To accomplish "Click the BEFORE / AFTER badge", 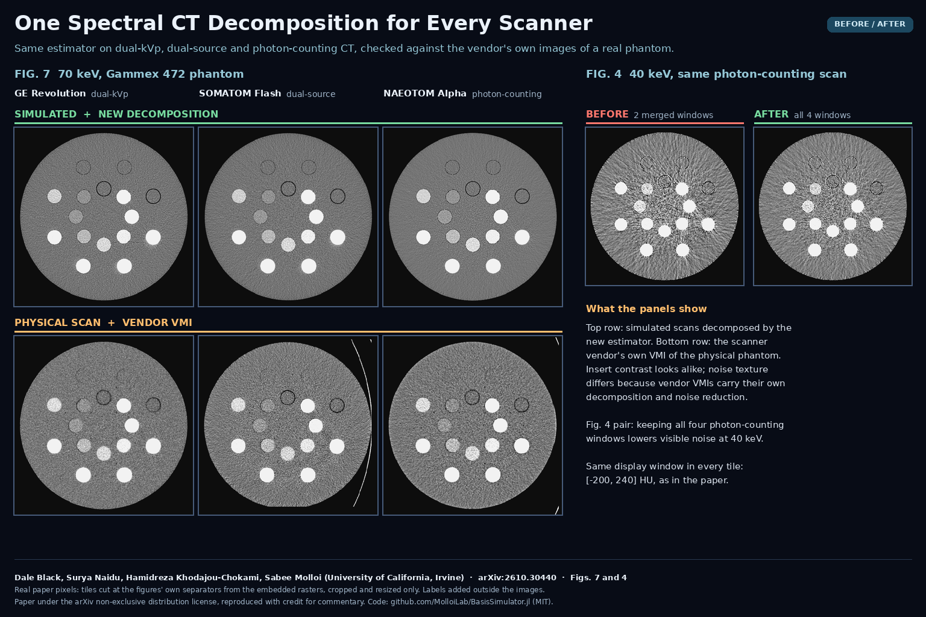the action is [870, 24].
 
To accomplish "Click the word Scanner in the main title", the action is [545, 23].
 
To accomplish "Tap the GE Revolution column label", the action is [50, 93].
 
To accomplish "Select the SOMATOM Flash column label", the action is [240, 93].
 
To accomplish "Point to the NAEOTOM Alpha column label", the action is [424, 93].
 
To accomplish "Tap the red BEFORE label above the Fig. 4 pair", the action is [607, 114].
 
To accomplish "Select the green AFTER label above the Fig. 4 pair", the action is [771, 114].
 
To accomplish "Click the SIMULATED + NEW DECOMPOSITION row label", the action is [116, 114].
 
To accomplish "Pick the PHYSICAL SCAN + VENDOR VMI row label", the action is [103, 322].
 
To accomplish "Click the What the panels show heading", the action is [646, 308].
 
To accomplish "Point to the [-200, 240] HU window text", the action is [657, 480].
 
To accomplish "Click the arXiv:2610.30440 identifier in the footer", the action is [517, 577].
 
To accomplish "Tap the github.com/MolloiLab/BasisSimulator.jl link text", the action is [460, 602].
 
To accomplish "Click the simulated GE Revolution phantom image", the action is [104, 216].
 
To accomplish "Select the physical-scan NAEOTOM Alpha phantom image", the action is [473, 425].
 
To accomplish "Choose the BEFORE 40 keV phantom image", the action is [665, 206].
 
